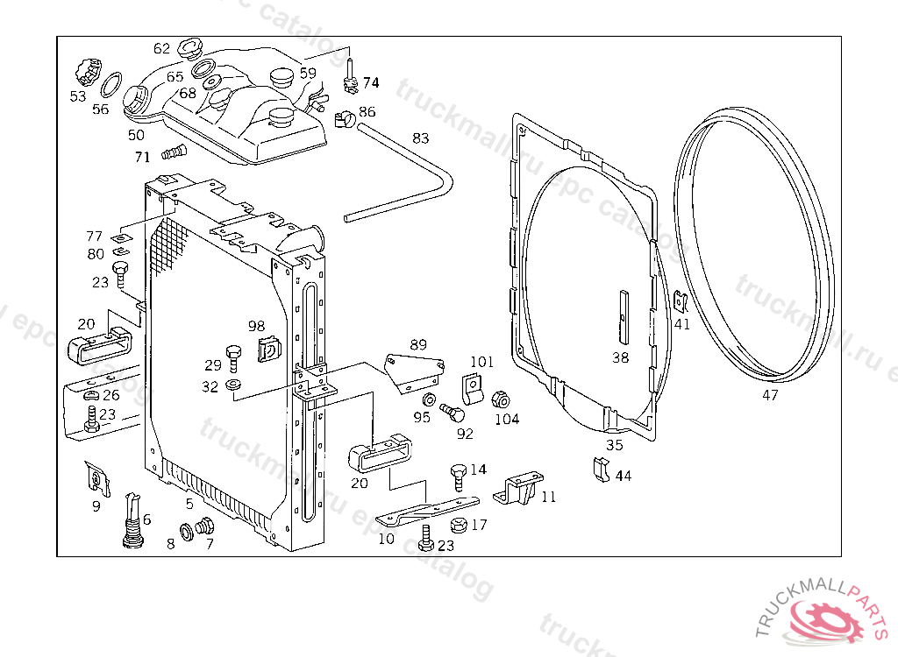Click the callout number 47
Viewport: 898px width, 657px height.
pyautogui.click(x=769, y=395)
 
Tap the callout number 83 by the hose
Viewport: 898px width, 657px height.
pyautogui.click(x=421, y=138)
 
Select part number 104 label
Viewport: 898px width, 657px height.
pyautogui.click(x=507, y=419)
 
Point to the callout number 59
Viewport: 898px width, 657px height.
pyautogui.click(x=308, y=73)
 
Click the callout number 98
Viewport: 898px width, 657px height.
pyautogui.click(x=256, y=326)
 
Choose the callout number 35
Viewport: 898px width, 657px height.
pyautogui.click(x=615, y=445)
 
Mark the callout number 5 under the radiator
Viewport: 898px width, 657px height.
pyautogui.click(x=189, y=504)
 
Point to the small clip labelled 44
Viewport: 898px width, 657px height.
pyautogui.click(x=602, y=470)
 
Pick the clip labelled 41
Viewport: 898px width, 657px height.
pyautogui.click(x=680, y=301)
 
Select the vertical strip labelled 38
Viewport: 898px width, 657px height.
pyautogui.click(x=621, y=315)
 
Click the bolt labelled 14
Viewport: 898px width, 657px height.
pyautogui.click(x=458, y=476)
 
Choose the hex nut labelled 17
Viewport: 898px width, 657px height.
pyautogui.click(x=456, y=526)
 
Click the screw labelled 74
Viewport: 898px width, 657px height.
pyautogui.click(x=350, y=76)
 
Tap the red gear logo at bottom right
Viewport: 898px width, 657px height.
pyautogui.click(x=829, y=618)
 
